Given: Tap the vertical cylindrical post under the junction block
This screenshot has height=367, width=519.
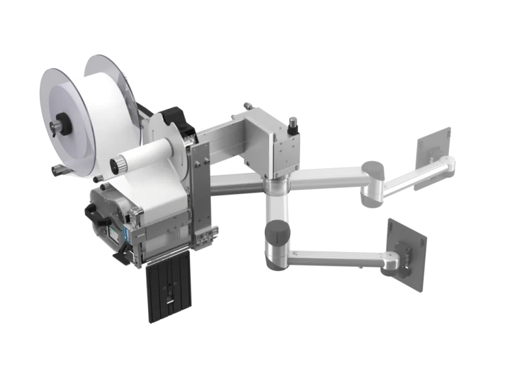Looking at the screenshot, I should click(x=277, y=203).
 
